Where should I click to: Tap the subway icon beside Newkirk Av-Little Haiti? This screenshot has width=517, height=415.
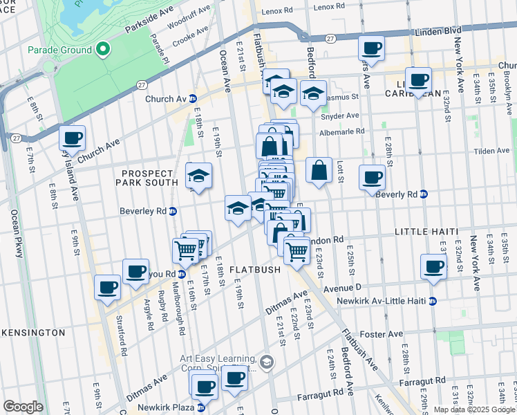tap(433, 302)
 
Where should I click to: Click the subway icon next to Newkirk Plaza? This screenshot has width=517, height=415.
tap(201, 407)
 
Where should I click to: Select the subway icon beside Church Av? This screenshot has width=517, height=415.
tap(193, 99)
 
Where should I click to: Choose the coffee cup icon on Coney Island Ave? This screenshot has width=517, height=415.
tap(72, 138)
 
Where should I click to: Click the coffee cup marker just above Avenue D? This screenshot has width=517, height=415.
tap(434, 267)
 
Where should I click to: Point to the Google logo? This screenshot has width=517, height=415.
tap(23, 407)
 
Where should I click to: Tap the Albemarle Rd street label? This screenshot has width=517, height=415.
tap(341, 131)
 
